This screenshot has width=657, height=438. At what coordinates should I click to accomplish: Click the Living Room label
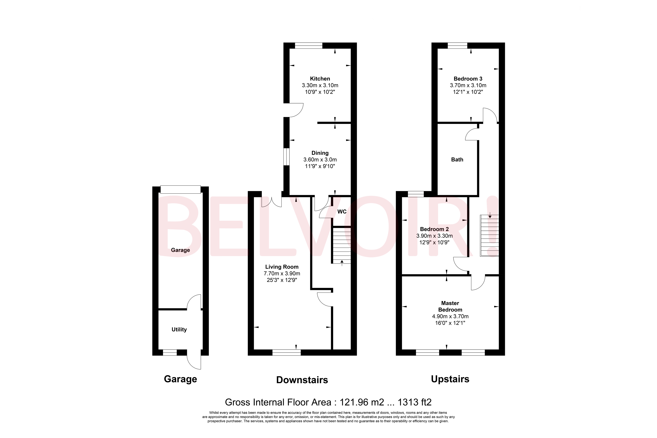pyautogui.click(x=282, y=267)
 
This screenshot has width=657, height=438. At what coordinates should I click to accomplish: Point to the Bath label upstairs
pyautogui.click(x=457, y=160)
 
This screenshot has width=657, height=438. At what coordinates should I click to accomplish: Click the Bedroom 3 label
pyautogui.click(x=468, y=79)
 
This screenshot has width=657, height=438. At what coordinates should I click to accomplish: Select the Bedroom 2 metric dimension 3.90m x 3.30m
pyautogui.click(x=434, y=236)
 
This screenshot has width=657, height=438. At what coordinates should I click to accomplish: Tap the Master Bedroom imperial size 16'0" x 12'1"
pyautogui.click(x=450, y=323)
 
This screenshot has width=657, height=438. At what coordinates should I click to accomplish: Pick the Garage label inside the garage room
pyautogui.click(x=180, y=250)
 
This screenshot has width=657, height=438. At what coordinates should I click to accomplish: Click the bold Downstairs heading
pyautogui.click(x=302, y=380)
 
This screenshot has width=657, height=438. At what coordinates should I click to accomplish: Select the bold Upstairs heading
pyautogui.click(x=450, y=379)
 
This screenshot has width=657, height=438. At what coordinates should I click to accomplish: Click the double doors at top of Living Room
pyautogui.click(x=271, y=202)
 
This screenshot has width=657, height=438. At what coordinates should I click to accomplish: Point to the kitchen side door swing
pyautogui.click(x=295, y=110)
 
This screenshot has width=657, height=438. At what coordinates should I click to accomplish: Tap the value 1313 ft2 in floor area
pyautogui.click(x=414, y=402)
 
